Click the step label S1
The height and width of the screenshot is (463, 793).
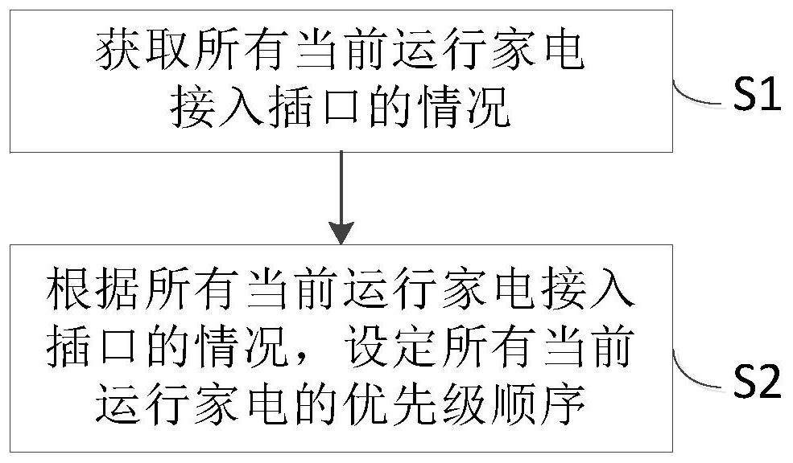click(758, 95)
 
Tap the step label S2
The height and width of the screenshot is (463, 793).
click(758, 382)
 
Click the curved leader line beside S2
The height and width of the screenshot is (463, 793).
click(698, 373)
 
